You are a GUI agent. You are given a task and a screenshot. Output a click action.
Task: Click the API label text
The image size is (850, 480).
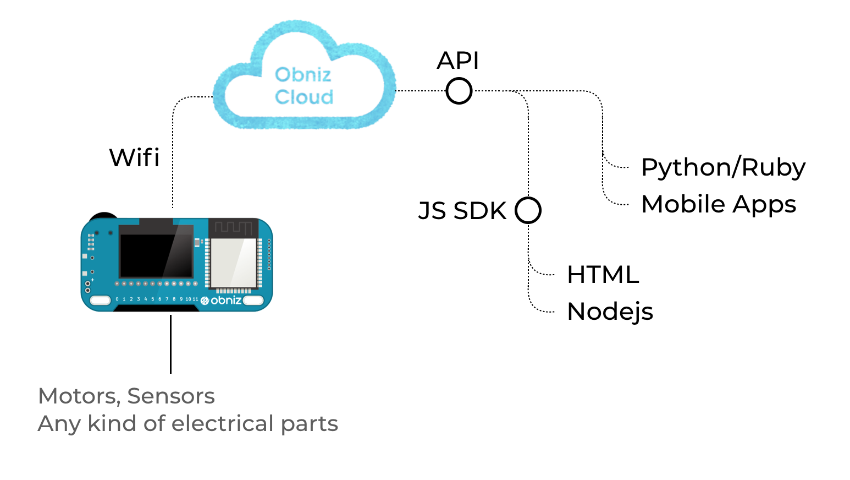click(x=457, y=60)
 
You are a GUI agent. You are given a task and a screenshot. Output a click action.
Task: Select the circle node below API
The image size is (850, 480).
click(x=459, y=91)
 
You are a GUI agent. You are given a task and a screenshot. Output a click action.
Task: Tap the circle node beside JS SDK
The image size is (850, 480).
click(x=528, y=210)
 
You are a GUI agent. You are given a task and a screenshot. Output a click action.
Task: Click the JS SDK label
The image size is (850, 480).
click(x=462, y=211)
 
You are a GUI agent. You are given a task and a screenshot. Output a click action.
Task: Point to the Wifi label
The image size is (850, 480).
click(x=134, y=157)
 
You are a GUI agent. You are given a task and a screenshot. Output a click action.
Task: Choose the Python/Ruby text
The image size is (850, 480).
click(x=723, y=167)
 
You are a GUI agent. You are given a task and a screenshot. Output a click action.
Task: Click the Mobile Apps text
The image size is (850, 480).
click(x=718, y=204)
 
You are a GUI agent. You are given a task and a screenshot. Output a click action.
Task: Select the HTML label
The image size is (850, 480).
click(x=603, y=274)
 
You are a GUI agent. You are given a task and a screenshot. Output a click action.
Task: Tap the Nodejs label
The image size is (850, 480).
click(x=610, y=312)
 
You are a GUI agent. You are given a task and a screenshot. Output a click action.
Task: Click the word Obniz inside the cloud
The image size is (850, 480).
click(x=303, y=74)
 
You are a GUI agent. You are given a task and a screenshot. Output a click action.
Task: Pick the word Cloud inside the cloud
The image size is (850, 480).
click(x=304, y=97)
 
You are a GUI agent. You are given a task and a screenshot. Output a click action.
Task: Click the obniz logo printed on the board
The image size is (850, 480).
click(x=221, y=300)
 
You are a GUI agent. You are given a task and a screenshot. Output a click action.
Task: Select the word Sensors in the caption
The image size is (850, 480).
click(x=171, y=396)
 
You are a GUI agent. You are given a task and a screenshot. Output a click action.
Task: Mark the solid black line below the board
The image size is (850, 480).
click(x=170, y=344)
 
